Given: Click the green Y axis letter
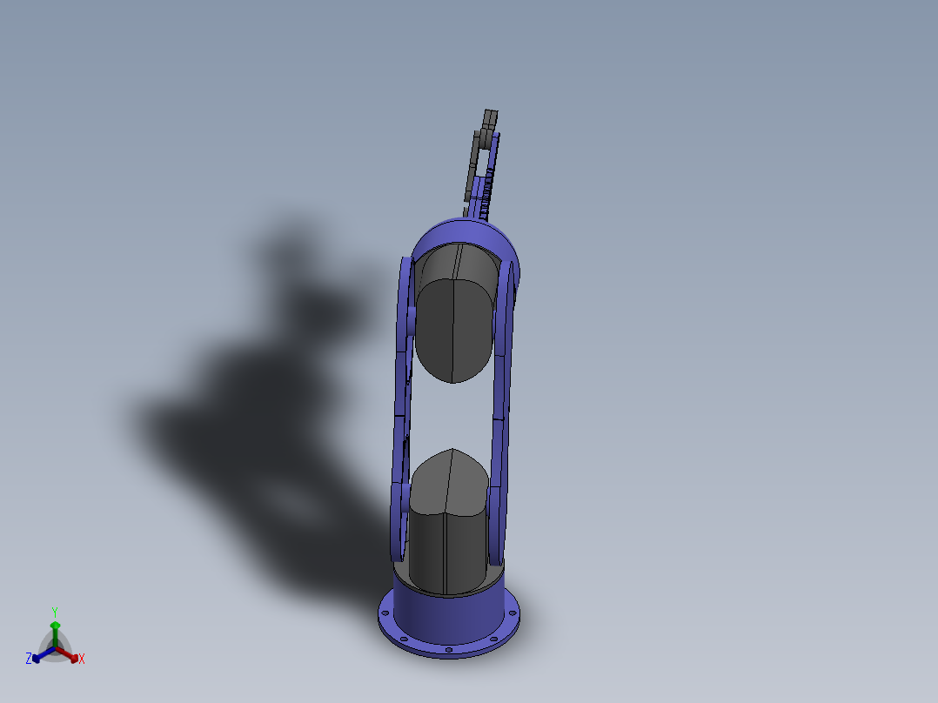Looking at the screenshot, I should (x=55, y=612).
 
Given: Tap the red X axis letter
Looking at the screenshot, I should (x=82, y=659).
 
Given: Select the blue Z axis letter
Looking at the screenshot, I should (x=29, y=659).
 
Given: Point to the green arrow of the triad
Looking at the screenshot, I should (x=55, y=628).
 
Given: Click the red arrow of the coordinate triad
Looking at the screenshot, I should (x=71, y=655).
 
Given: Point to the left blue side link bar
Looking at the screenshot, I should (x=402, y=409).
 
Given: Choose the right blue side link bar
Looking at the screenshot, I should (x=501, y=409).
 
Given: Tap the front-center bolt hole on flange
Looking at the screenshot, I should (x=447, y=650).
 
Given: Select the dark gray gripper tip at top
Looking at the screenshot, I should (x=490, y=117).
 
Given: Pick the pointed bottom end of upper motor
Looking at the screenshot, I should (x=454, y=380).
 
